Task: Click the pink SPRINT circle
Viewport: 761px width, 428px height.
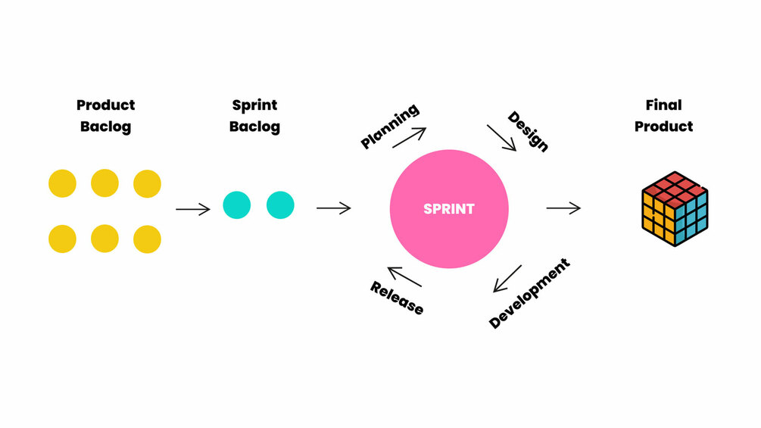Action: click(x=449, y=208)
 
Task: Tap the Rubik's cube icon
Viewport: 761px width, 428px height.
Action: click(x=673, y=209)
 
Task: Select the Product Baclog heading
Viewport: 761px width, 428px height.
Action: click(x=105, y=115)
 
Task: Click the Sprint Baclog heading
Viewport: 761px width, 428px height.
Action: click(x=254, y=115)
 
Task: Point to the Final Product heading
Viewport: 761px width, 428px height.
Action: click(x=663, y=115)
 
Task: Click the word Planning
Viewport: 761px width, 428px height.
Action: click(x=389, y=127)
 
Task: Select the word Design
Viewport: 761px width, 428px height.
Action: click(x=528, y=131)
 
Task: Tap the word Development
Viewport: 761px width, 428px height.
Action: click(x=529, y=293)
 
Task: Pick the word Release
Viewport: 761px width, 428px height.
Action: click(x=397, y=298)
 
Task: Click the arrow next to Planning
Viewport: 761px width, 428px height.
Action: click(x=409, y=137)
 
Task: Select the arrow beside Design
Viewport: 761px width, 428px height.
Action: click(x=501, y=138)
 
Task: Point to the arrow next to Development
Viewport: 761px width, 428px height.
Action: click(x=507, y=278)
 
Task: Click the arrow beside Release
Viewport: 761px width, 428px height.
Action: click(x=404, y=276)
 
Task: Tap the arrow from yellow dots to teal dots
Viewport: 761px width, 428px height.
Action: click(x=192, y=208)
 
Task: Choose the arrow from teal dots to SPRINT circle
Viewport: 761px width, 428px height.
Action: click(x=333, y=208)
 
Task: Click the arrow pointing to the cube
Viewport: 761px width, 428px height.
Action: click(x=563, y=208)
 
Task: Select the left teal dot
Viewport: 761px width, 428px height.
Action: click(x=236, y=205)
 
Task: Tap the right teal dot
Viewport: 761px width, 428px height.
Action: click(x=280, y=205)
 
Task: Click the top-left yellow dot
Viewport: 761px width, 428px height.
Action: click(x=62, y=183)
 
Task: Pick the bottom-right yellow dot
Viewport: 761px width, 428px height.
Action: click(x=147, y=239)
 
